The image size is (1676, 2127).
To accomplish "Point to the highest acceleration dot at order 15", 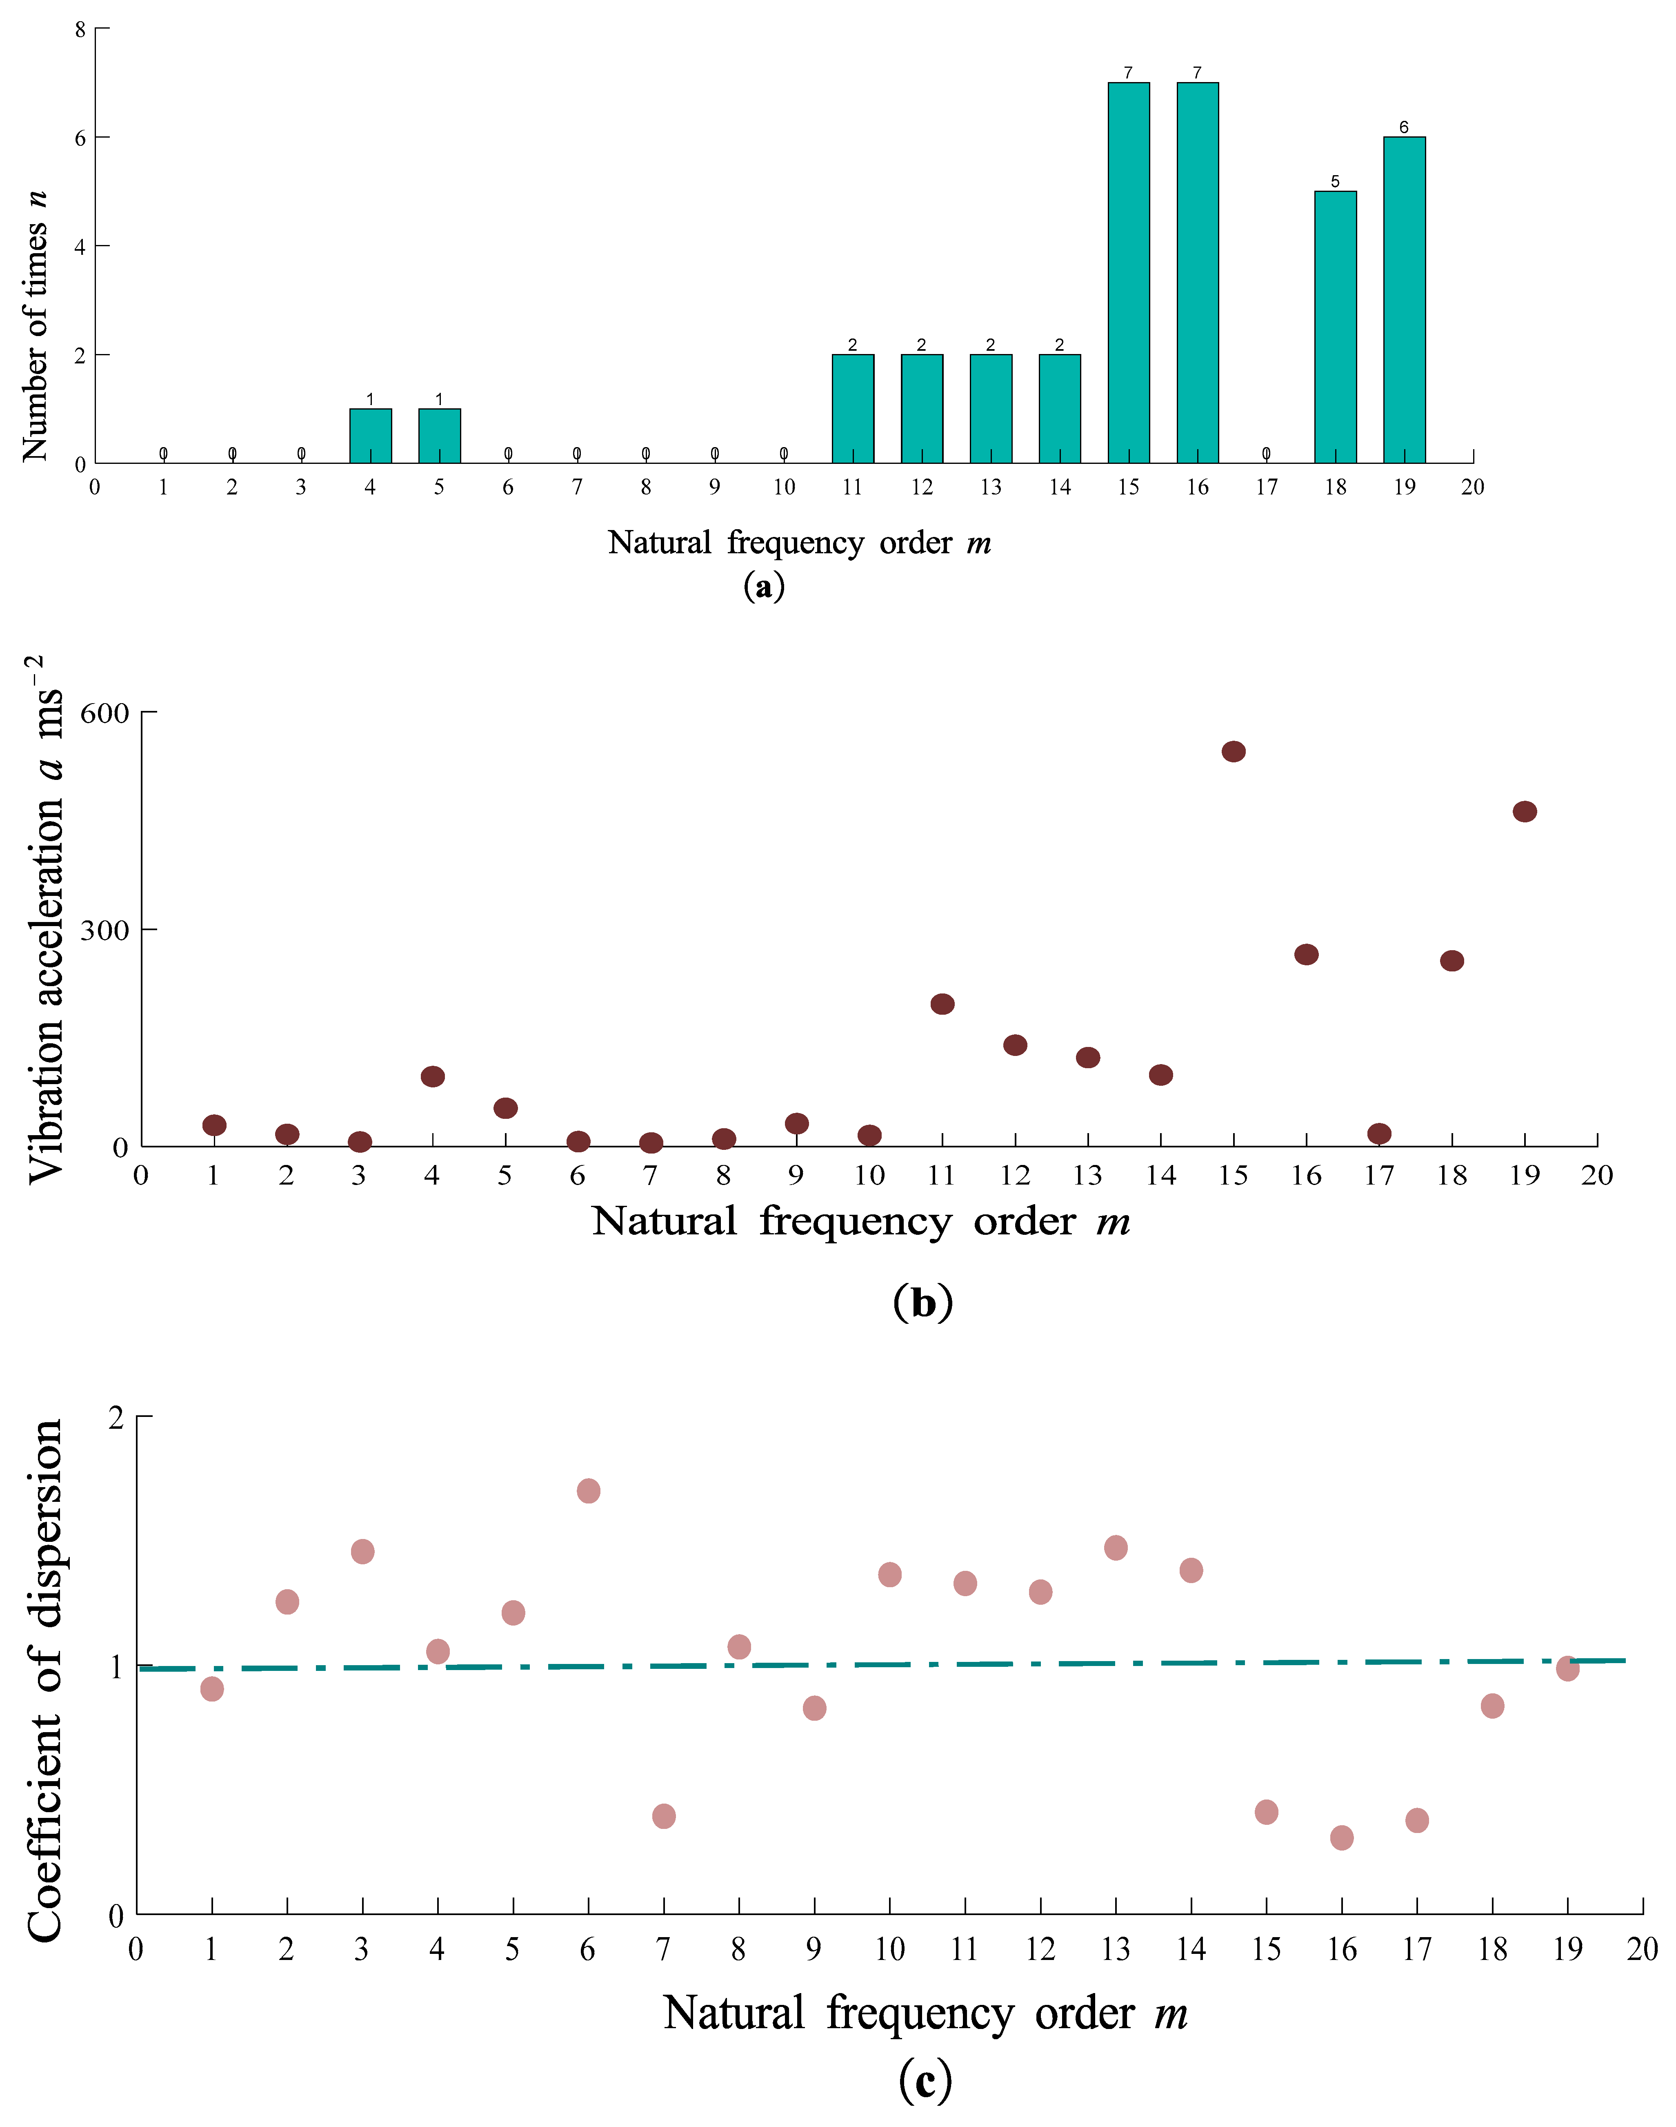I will [1234, 752].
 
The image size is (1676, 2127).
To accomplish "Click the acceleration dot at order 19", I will [1525, 812].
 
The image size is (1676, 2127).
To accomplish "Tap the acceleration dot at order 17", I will [1379, 1134].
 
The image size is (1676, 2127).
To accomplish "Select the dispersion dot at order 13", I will [1116, 1548].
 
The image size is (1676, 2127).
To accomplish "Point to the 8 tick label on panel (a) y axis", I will [80, 29].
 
